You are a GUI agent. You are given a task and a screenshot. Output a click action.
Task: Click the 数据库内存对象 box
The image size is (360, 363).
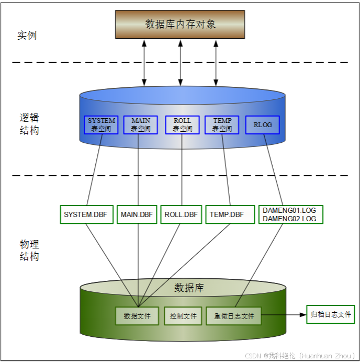pyautogui.click(x=181, y=24)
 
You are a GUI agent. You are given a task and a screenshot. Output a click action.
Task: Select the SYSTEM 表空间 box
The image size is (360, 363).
pyautogui.click(x=101, y=125)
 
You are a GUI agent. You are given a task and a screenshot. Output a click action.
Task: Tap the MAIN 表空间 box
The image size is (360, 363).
pyautogui.click(x=140, y=125)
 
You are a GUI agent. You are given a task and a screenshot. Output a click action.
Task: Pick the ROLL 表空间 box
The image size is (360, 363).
pyautogui.click(x=182, y=125)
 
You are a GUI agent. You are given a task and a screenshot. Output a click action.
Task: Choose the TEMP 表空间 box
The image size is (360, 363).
pyautogui.click(x=222, y=125)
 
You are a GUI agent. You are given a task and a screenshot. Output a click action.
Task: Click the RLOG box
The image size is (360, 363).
pyautogui.click(x=263, y=125)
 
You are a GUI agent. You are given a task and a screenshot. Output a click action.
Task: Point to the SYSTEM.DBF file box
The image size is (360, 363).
pyautogui.click(x=86, y=214)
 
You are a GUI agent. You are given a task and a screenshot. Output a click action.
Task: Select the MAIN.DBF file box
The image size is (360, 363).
pyautogui.click(x=137, y=214)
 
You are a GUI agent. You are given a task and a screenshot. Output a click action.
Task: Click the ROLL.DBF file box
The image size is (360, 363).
pyautogui.click(x=181, y=214)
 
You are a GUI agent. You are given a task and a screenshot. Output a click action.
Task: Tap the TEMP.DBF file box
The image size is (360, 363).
pyautogui.click(x=227, y=214)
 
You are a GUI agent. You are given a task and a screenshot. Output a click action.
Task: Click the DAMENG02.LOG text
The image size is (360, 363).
pyautogui.click(x=289, y=219)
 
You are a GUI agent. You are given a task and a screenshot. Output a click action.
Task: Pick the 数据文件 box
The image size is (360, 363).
pyautogui.click(x=137, y=316)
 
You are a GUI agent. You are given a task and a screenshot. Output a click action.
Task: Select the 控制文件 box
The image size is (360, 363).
pyautogui.click(x=183, y=316)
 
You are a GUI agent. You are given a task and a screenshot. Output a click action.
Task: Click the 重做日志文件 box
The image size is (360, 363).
pyautogui.click(x=234, y=316)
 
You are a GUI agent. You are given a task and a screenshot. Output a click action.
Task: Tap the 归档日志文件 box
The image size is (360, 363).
pyautogui.click(x=331, y=314)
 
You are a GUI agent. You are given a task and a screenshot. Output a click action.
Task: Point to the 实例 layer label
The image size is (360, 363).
pyautogui.click(x=27, y=36)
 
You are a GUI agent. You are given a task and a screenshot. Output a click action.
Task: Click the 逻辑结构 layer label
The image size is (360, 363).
pyautogui.click(x=29, y=124)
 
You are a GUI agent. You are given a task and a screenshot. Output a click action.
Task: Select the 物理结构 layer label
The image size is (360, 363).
pyautogui.click(x=29, y=250)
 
